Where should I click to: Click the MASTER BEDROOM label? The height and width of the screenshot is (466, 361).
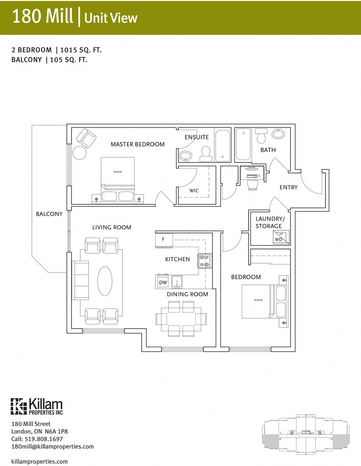tap(137, 144)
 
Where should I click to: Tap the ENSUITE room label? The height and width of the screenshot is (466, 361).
tap(197, 137)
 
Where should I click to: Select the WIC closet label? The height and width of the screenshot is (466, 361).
tap(194, 191)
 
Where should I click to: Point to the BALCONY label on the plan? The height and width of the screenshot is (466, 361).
tap(49, 214)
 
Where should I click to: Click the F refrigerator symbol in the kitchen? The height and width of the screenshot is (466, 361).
tap(163, 238)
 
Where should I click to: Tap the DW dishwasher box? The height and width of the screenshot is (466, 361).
tap(163, 283)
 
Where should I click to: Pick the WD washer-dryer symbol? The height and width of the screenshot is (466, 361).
tap(278, 239)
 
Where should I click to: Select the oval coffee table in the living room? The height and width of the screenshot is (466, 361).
tap(105, 280)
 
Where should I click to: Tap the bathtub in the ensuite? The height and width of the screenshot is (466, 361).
tap(223, 146)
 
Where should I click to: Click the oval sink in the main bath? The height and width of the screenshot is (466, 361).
tap(278, 134)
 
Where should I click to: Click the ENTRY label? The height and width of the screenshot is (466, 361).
tap(289, 187)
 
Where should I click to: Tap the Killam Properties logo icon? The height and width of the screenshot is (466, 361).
tap(19, 406)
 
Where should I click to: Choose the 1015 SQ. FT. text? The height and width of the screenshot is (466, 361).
tap(81, 50)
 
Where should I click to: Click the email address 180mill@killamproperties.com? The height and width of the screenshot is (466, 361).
tap(52, 446)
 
